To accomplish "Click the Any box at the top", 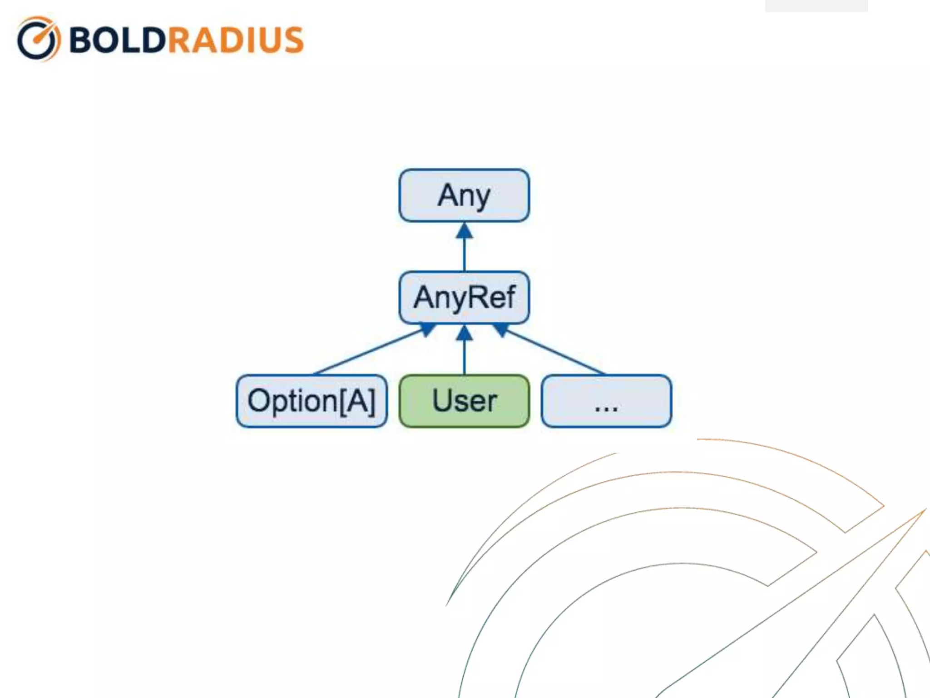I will pos(464,195).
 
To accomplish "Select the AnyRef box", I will pos(464,298).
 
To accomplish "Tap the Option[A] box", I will pos(312,401).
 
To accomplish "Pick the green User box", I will pos(464,401).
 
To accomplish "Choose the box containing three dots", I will pos(606,401).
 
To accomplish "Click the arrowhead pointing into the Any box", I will pos(464,231).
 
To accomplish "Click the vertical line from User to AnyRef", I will pos(464,357).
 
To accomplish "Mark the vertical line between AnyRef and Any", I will pos(464,254).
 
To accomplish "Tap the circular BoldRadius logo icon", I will pos(38,39).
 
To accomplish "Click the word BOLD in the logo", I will pos(117,40).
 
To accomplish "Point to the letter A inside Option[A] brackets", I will pos(356,401).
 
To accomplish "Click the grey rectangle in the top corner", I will pos(816,5).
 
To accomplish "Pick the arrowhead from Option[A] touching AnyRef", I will pos(427,329).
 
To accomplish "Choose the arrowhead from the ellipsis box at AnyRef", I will pos(500,329).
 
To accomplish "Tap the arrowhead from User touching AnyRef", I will pos(464,333).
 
